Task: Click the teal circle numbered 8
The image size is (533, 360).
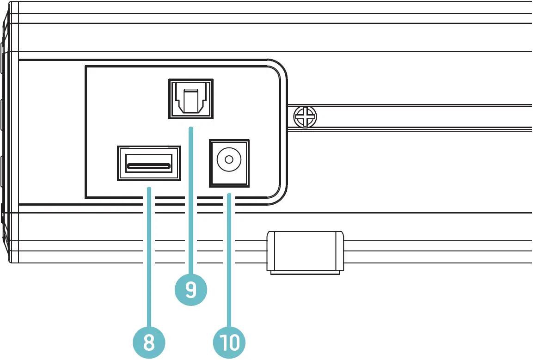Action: (148, 342)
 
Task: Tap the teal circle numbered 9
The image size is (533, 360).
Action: (190, 289)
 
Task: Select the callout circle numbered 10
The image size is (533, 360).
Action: (229, 342)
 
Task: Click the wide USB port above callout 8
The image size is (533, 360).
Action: (148, 164)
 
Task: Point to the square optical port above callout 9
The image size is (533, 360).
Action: (190, 99)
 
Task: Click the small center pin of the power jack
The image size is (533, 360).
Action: (229, 160)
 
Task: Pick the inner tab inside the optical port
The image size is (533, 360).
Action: (190, 101)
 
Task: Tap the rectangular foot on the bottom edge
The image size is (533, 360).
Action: (305, 250)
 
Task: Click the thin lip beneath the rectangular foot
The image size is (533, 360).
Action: (305, 273)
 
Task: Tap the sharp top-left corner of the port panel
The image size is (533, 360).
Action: (86, 67)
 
